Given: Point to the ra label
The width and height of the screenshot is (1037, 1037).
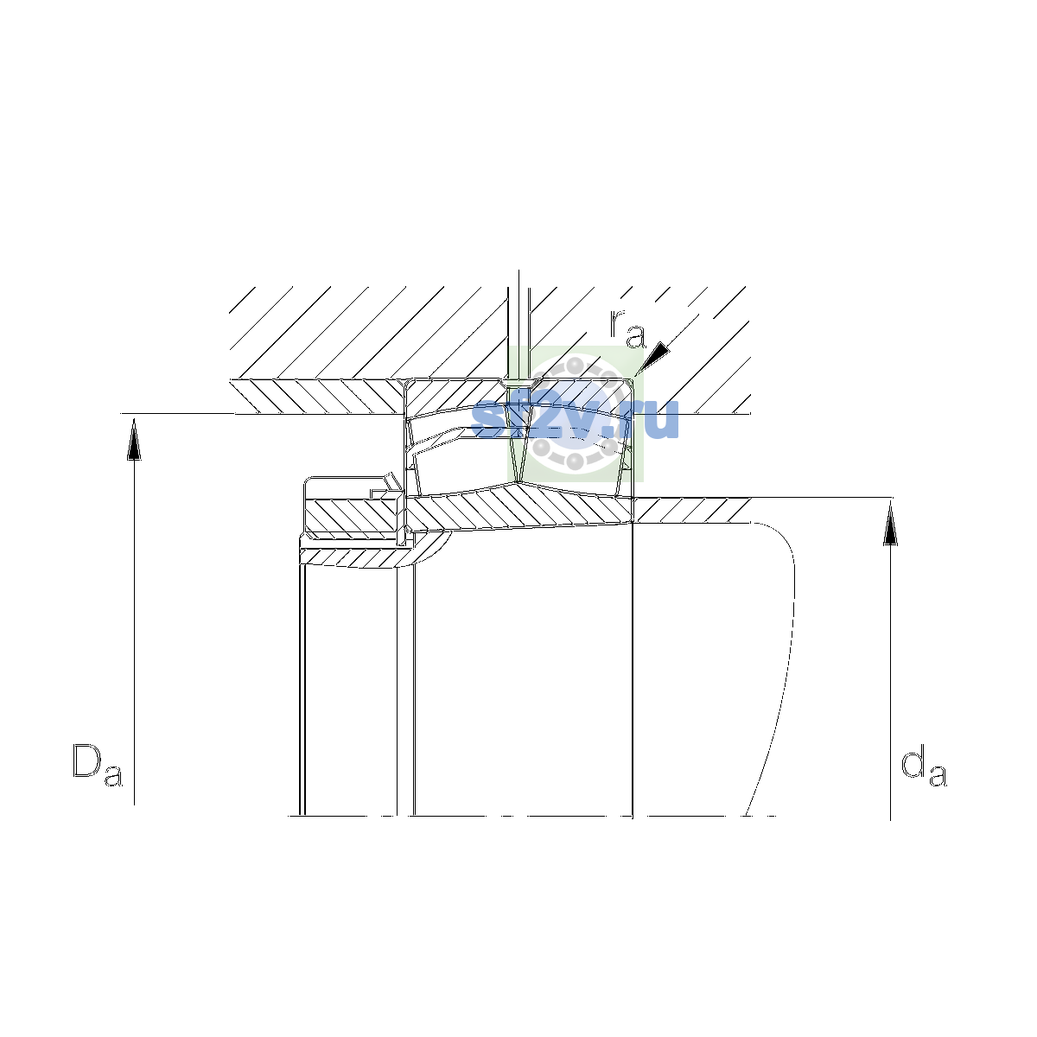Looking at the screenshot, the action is point(627,328).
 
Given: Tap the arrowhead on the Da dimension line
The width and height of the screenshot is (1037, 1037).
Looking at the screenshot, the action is point(134,440).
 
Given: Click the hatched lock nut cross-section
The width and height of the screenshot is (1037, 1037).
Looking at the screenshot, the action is point(353,516).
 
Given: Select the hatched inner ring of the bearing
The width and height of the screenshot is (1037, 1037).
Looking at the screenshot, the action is point(519,508).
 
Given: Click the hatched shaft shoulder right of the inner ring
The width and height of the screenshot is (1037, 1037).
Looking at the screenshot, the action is point(691,510).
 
